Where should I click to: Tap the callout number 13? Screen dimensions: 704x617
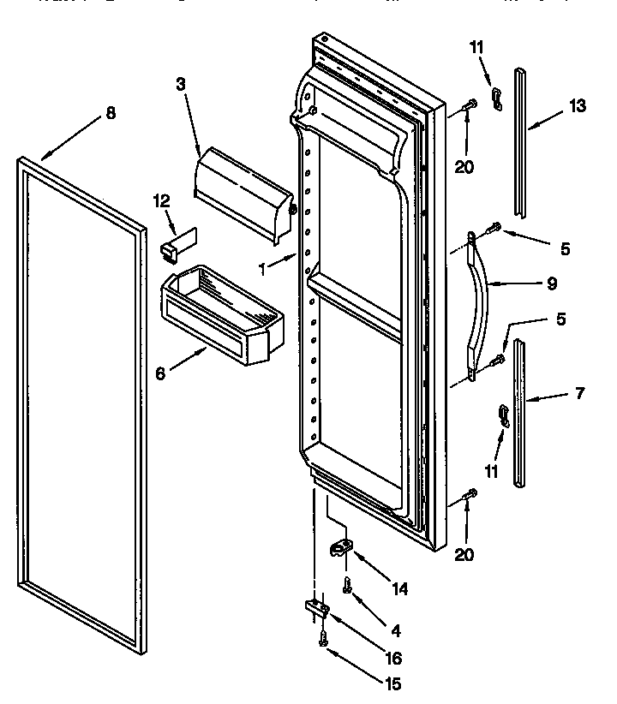click(x=578, y=106)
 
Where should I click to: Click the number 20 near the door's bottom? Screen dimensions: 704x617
click(x=464, y=555)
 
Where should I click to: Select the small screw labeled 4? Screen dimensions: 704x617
click(x=347, y=586)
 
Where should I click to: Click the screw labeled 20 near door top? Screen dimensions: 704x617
click(x=469, y=107)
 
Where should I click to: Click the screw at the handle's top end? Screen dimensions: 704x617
click(x=494, y=229)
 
